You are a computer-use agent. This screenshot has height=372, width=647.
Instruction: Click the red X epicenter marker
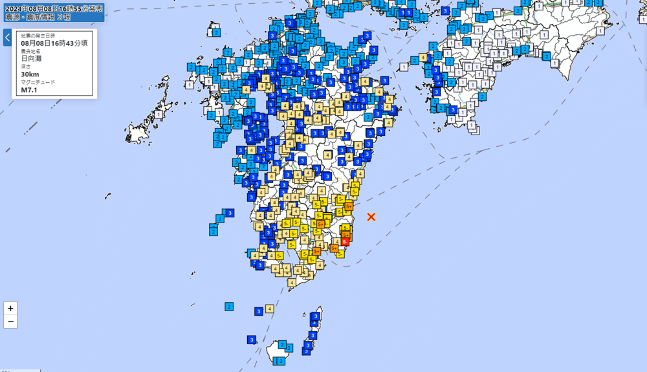click(371, 217)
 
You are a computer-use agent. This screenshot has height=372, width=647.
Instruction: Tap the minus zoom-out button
click(10, 322)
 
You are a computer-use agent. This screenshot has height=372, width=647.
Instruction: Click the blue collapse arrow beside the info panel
click(7, 38)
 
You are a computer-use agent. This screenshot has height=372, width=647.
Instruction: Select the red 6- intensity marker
click(345, 242)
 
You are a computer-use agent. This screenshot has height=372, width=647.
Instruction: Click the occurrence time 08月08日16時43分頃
click(54, 43)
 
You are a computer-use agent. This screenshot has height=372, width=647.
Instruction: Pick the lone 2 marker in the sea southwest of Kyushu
click(229, 306)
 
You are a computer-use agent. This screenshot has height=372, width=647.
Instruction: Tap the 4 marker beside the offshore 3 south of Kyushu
click(269, 309)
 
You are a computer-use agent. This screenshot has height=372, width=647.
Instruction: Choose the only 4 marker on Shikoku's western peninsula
click(423, 58)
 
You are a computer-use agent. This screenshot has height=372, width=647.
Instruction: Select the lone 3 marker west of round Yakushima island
click(251, 340)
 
